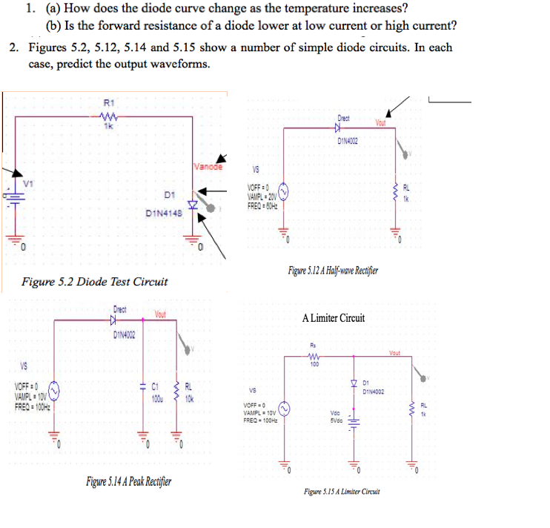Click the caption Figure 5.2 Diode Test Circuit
coord(95,282)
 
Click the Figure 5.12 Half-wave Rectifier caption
coord(334,269)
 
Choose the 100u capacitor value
coord(156,399)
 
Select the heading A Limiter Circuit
coord(333,318)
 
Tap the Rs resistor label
coord(314,346)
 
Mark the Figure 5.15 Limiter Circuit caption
coord(342,492)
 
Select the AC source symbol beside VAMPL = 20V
coord(285,195)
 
